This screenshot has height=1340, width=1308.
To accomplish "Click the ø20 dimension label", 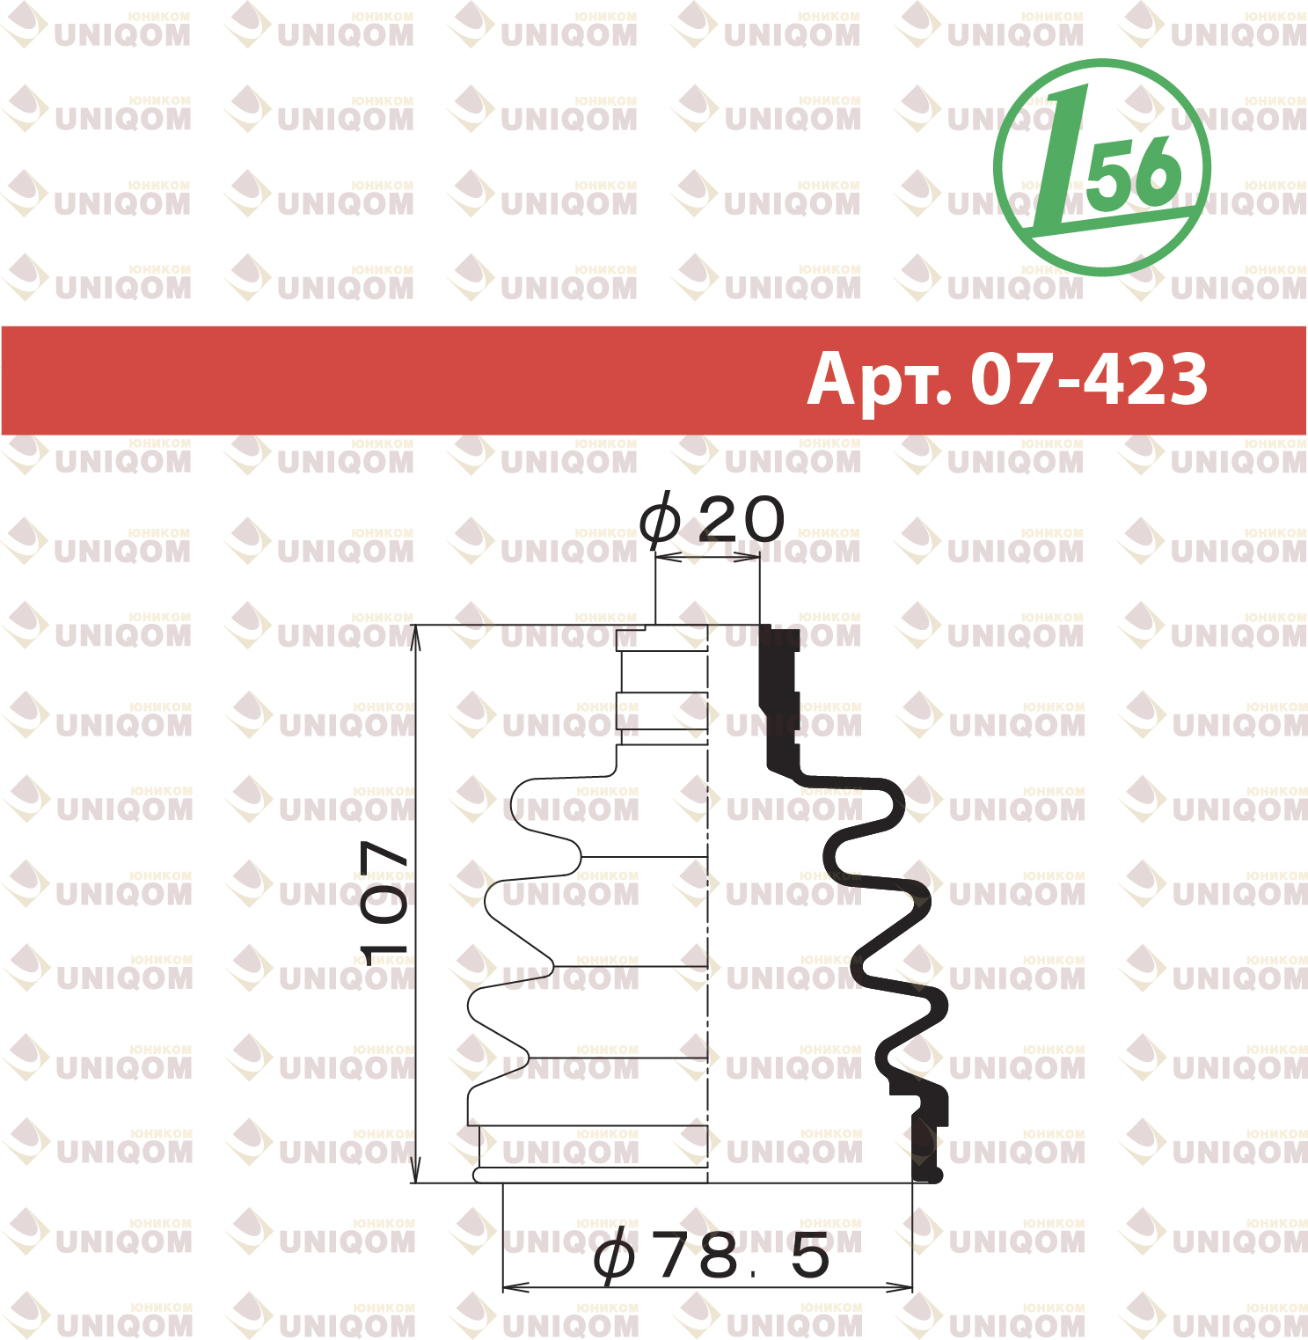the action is tap(711, 519).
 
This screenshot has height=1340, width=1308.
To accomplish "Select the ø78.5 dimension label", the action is tap(712, 1256).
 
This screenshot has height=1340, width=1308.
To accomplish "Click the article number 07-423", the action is tap(1090, 380).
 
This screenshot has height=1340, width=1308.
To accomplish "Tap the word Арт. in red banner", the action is tap(880, 380).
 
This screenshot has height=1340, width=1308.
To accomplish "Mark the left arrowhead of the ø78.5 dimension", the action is tap(515, 1287).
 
